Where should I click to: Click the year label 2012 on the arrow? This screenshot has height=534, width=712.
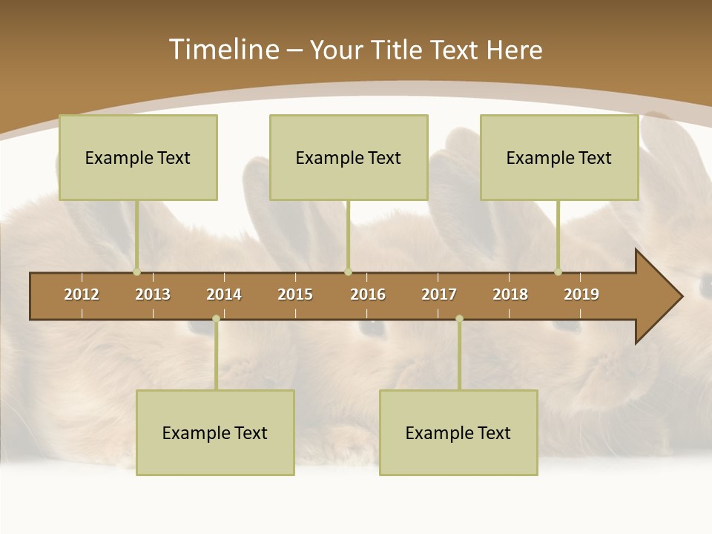[x=82, y=294]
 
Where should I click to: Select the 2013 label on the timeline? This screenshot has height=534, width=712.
[x=153, y=294]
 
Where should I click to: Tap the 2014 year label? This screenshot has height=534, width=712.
[x=224, y=294]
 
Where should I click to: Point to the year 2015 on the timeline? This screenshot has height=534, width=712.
[x=295, y=294]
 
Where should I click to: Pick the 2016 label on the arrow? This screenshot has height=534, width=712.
[x=368, y=294]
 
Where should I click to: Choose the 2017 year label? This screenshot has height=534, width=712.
[x=439, y=294]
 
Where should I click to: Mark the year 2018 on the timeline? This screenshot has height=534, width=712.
[x=510, y=294]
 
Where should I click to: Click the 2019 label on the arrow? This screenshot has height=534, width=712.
[x=581, y=294]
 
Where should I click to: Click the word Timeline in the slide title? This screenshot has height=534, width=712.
[x=222, y=50]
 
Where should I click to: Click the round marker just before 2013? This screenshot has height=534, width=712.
[x=136, y=272]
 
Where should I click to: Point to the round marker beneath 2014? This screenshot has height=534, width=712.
[x=216, y=319]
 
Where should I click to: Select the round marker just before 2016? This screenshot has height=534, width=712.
[x=348, y=272]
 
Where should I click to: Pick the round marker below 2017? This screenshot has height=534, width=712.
[x=459, y=319]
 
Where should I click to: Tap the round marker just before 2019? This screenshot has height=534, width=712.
[x=558, y=272]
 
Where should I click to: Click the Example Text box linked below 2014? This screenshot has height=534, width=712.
[x=215, y=432]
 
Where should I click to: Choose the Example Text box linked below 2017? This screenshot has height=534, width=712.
[x=458, y=432]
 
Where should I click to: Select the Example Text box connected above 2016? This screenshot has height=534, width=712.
[x=349, y=157]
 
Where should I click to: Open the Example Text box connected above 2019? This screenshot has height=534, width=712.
[x=559, y=157]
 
